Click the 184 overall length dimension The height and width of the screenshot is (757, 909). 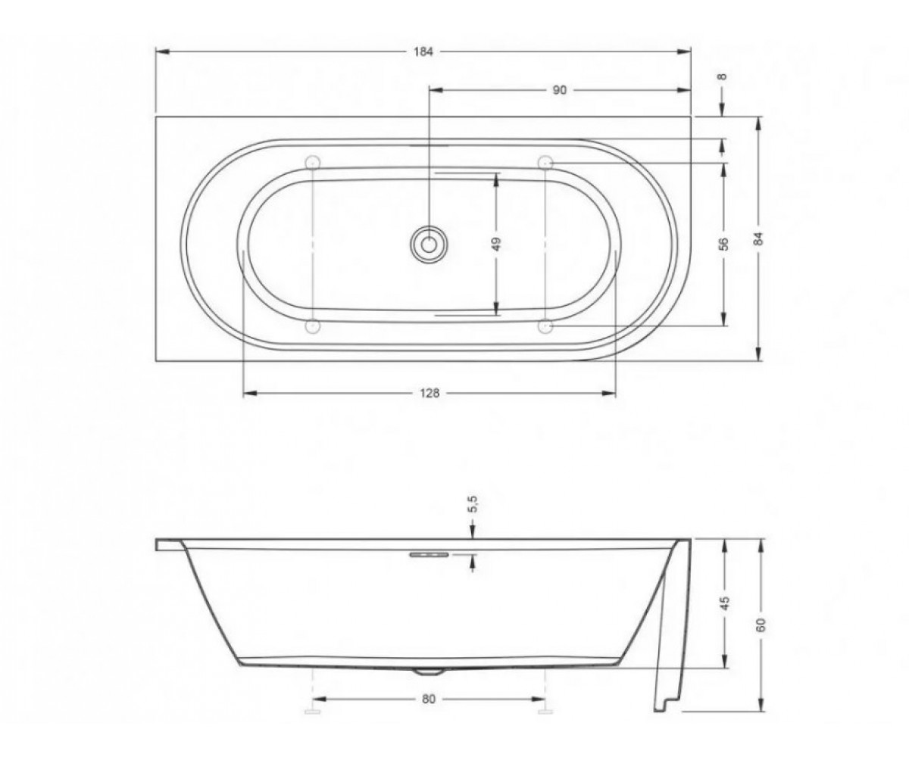[423, 52]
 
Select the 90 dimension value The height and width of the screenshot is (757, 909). [560, 90]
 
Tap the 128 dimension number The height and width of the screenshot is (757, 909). [430, 394]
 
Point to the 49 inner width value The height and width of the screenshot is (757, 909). [498, 244]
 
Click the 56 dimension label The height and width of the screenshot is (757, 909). [724, 244]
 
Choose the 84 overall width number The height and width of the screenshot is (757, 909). [759, 239]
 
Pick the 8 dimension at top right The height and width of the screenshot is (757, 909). [722, 77]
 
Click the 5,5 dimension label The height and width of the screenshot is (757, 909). [474, 504]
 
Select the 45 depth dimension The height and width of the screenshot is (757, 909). [725, 603]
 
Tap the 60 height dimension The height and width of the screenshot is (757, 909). [761, 625]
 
